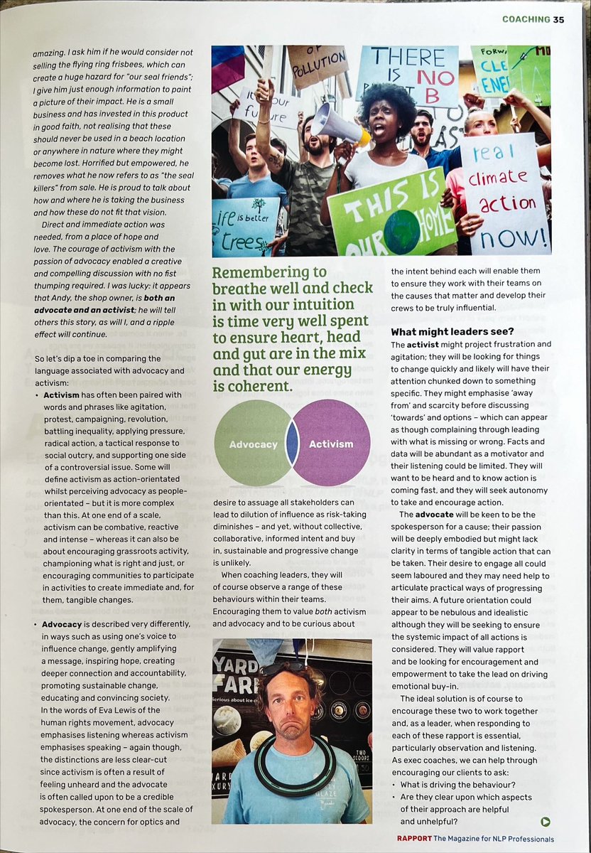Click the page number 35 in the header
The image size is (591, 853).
pyautogui.click(x=558, y=19)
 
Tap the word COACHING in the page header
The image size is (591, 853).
pyautogui.click(x=526, y=19)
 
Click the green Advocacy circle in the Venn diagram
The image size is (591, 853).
pyautogui.click(x=244, y=444)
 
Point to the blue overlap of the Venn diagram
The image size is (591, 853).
pyautogui.click(x=291, y=444)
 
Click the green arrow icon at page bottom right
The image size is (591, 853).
pyautogui.click(x=545, y=822)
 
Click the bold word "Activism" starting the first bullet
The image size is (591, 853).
pyautogui.click(x=66, y=395)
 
